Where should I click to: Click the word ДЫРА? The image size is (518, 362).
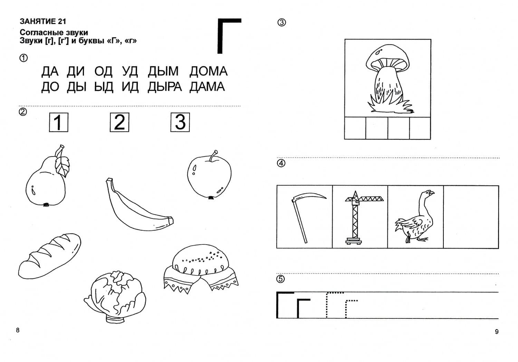(165, 87)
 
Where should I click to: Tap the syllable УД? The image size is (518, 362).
(130, 71)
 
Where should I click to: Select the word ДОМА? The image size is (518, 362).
(208, 71)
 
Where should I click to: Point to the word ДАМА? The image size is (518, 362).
(207, 87)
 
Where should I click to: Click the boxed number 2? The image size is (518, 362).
(119, 122)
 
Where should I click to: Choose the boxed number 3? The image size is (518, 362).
(180, 122)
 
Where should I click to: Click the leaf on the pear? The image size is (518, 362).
(62, 166)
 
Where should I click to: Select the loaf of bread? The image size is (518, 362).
(49, 256)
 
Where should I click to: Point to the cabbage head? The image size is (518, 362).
(115, 297)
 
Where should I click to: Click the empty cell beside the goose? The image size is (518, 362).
(471, 217)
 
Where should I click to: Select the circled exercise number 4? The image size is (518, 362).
(281, 163)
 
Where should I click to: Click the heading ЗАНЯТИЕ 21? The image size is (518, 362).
(43, 21)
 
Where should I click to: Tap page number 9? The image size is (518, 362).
(497, 332)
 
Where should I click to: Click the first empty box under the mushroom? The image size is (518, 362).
(355, 128)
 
